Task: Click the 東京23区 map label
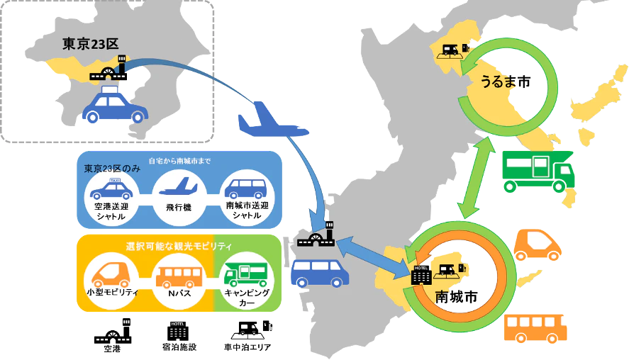90,44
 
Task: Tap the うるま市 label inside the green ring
506,81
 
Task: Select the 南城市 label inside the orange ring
457,297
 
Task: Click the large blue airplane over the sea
273,120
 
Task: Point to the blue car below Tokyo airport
115,105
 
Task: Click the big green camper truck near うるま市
538,171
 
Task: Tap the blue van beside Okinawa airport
320,273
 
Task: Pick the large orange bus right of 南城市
535,328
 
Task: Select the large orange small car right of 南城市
538,245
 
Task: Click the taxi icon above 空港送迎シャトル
111,189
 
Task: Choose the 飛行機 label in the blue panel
179,207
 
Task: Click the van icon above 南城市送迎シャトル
246,189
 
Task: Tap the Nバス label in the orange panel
179,293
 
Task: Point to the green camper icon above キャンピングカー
246,274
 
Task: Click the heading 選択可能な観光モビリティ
179,246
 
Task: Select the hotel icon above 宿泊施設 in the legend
178,331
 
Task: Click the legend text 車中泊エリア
247,347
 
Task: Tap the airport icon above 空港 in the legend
113,331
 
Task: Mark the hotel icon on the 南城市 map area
421,275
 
